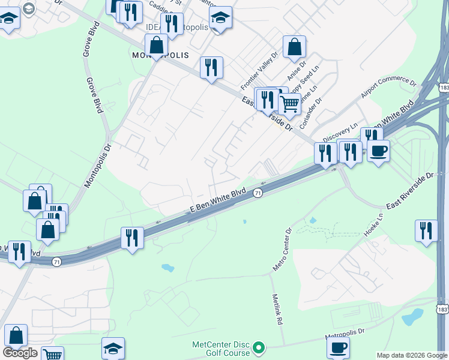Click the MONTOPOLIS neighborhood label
point(160,55)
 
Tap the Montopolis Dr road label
point(98,156)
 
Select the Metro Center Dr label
point(282,249)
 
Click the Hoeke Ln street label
point(373,224)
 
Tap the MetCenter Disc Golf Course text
point(220,349)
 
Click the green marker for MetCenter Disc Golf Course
point(259,347)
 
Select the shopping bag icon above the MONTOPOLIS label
point(156,44)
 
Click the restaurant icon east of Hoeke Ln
point(426,230)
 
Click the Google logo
point(20,353)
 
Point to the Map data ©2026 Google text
point(412,355)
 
